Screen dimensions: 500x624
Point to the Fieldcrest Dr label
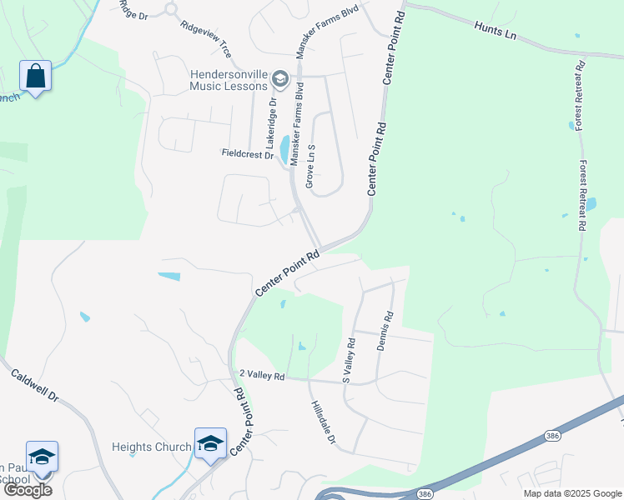[x=248, y=154]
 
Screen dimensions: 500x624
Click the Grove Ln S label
[x=309, y=164]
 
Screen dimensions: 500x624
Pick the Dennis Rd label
[x=384, y=331]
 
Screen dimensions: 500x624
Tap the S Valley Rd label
[x=350, y=360]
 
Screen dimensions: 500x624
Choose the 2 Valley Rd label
[x=262, y=377]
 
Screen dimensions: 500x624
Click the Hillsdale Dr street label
[x=323, y=422]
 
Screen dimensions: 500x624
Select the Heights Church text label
[x=152, y=447]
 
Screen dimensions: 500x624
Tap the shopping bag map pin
[x=36, y=77]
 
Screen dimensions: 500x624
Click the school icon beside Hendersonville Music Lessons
[x=280, y=80]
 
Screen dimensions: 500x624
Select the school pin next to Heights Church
[x=210, y=442]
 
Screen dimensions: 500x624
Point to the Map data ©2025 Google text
[x=572, y=493]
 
